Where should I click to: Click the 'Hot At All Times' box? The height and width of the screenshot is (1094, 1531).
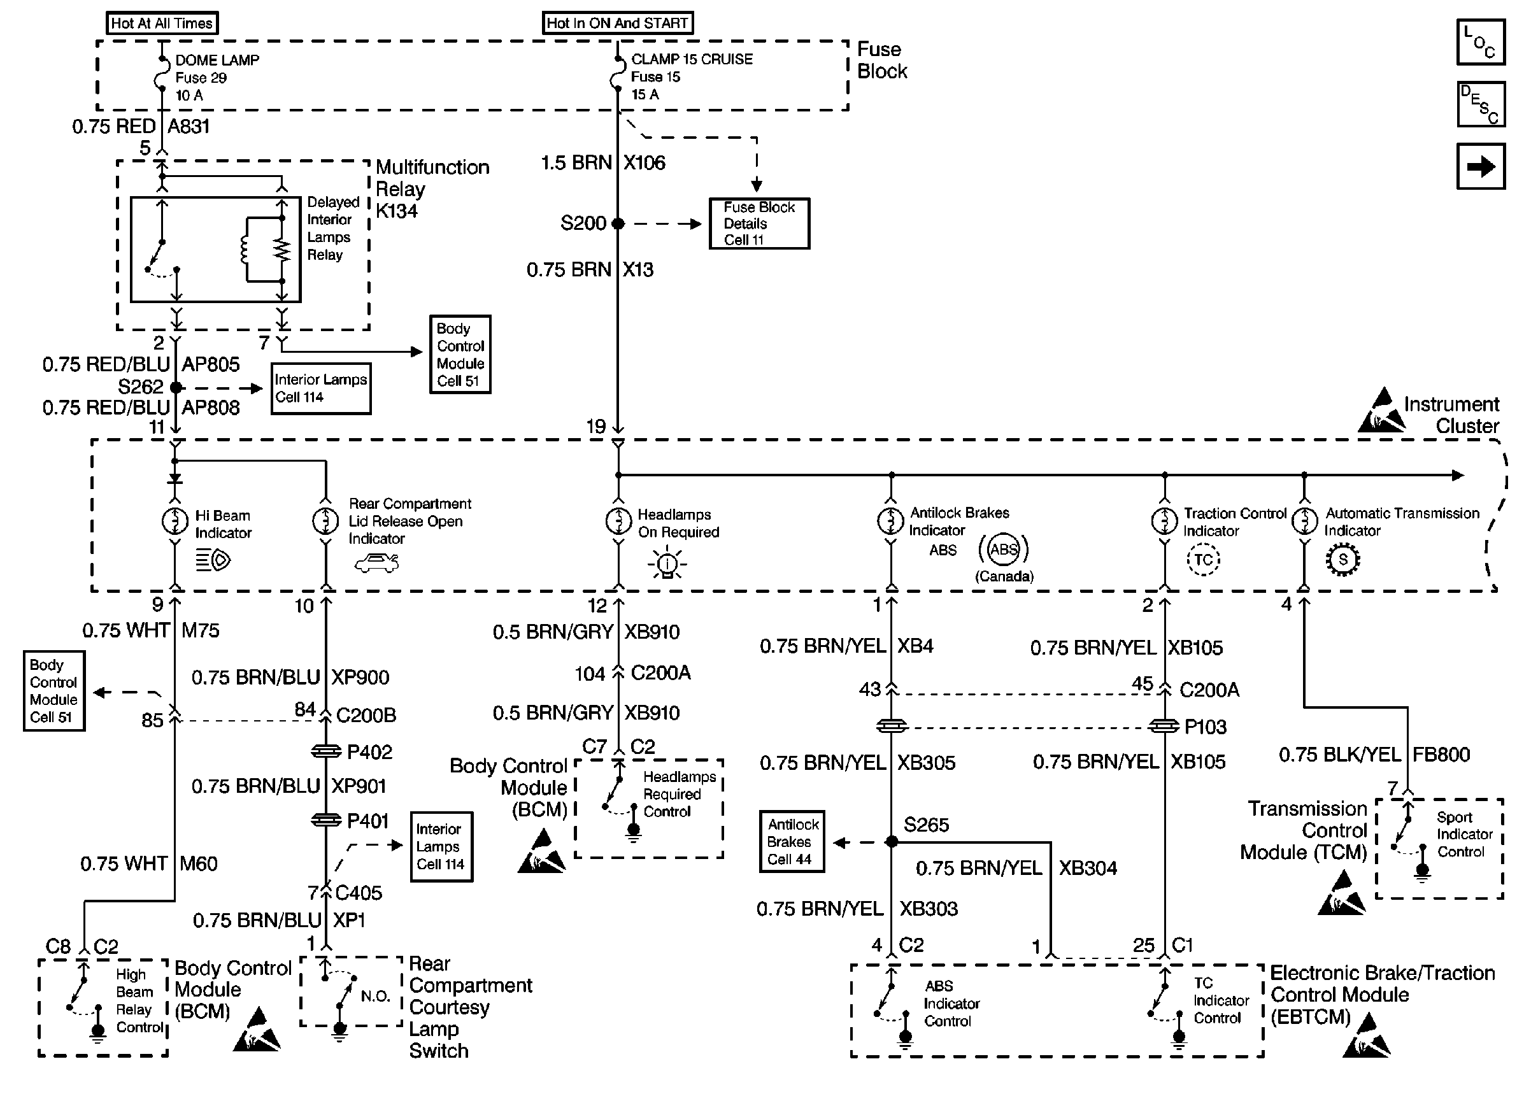[162, 23]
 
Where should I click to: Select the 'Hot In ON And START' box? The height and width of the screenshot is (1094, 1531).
[617, 23]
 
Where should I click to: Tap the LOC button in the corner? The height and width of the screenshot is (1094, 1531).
[1481, 42]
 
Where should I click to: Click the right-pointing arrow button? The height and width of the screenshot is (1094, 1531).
[1481, 166]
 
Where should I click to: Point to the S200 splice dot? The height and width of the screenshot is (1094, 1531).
[618, 224]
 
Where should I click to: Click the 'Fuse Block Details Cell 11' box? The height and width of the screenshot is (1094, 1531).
[759, 224]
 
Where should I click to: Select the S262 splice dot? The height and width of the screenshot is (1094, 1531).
[176, 387]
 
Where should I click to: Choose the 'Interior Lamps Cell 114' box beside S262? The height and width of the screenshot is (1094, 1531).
[320, 388]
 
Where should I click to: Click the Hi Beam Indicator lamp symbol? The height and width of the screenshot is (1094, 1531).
[175, 521]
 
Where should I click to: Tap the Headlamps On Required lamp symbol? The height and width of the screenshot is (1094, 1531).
[618, 521]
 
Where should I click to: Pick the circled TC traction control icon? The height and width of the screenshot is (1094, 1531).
[1203, 560]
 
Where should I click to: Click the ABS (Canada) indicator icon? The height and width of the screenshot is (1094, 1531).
[1003, 550]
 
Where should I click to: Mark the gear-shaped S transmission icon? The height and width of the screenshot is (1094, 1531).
[1343, 560]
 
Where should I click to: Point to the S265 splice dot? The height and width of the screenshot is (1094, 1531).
[891, 841]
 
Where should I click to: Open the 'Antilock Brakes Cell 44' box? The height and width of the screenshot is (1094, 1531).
[792, 841]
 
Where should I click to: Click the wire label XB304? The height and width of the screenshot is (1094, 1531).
[1088, 869]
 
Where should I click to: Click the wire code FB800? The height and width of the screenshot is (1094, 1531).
[1441, 755]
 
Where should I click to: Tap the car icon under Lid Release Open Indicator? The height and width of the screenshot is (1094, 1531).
[377, 563]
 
